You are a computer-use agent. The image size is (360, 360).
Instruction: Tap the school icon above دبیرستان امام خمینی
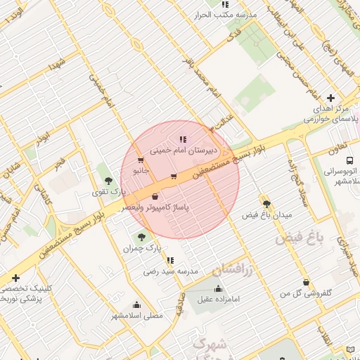click(183, 139)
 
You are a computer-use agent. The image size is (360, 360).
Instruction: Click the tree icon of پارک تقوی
click(108, 181)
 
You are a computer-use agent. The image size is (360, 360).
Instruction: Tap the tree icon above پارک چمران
click(142, 237)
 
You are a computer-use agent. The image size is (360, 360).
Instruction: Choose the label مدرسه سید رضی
click(172, 271)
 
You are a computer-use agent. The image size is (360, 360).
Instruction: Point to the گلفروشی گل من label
click(307, 292)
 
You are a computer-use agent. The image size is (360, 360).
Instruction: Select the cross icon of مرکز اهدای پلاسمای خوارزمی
click(330, 98)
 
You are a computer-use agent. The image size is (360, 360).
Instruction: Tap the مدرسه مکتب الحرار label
click(225, 14)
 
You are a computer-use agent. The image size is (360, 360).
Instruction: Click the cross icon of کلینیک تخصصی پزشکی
click(15, 279)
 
